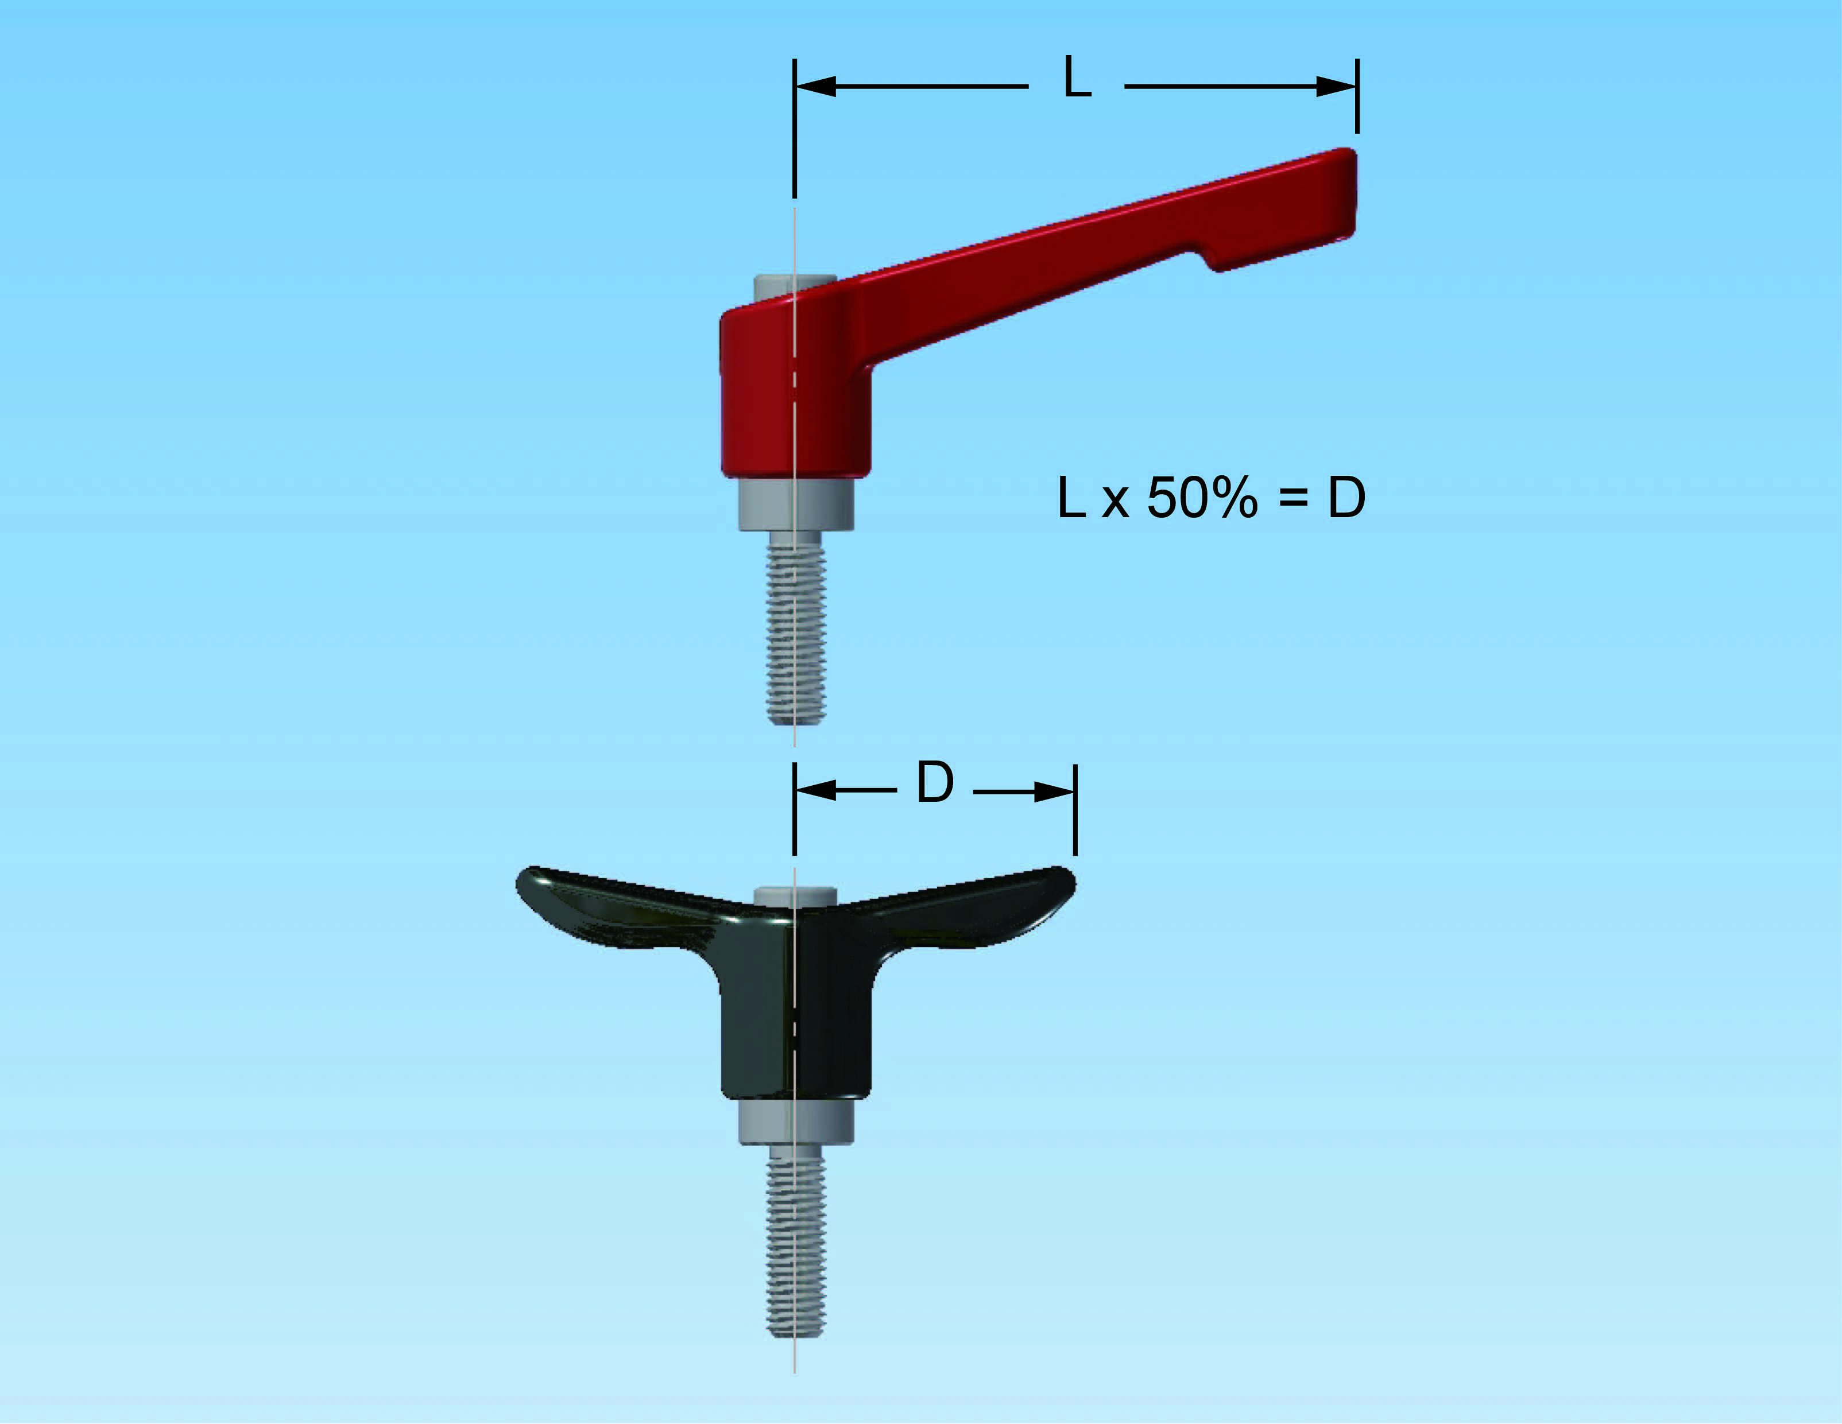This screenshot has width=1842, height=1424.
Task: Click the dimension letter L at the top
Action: click(1077, 77)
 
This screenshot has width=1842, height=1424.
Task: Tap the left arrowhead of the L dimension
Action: click(815, 86)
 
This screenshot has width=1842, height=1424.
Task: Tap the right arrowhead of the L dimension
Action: click(1337, 86)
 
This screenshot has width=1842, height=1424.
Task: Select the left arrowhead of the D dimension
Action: click(815, 791)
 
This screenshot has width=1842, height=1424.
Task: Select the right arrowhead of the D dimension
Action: click(1054, 791)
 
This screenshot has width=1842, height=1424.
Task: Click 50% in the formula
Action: click(1202, 498)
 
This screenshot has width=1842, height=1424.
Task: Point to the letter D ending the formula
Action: click(1347, 498)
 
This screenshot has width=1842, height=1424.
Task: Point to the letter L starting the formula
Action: click(1071, 498)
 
